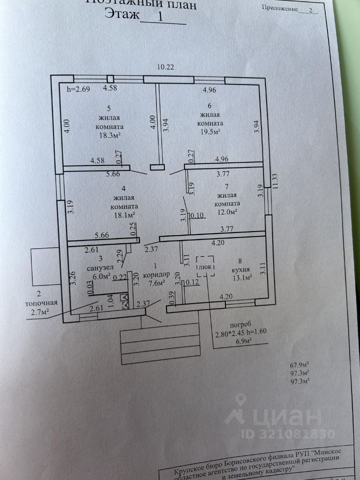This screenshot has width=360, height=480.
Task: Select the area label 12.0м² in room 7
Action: coord(226,212)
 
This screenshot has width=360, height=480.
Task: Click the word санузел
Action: coord(97,267)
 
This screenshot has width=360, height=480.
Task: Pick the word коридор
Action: coord(156,275)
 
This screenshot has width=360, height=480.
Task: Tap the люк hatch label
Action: coord(205,267)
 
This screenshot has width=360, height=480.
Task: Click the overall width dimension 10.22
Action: coord(165,67)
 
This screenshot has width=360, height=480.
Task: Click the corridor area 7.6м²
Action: coord(154,283)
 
